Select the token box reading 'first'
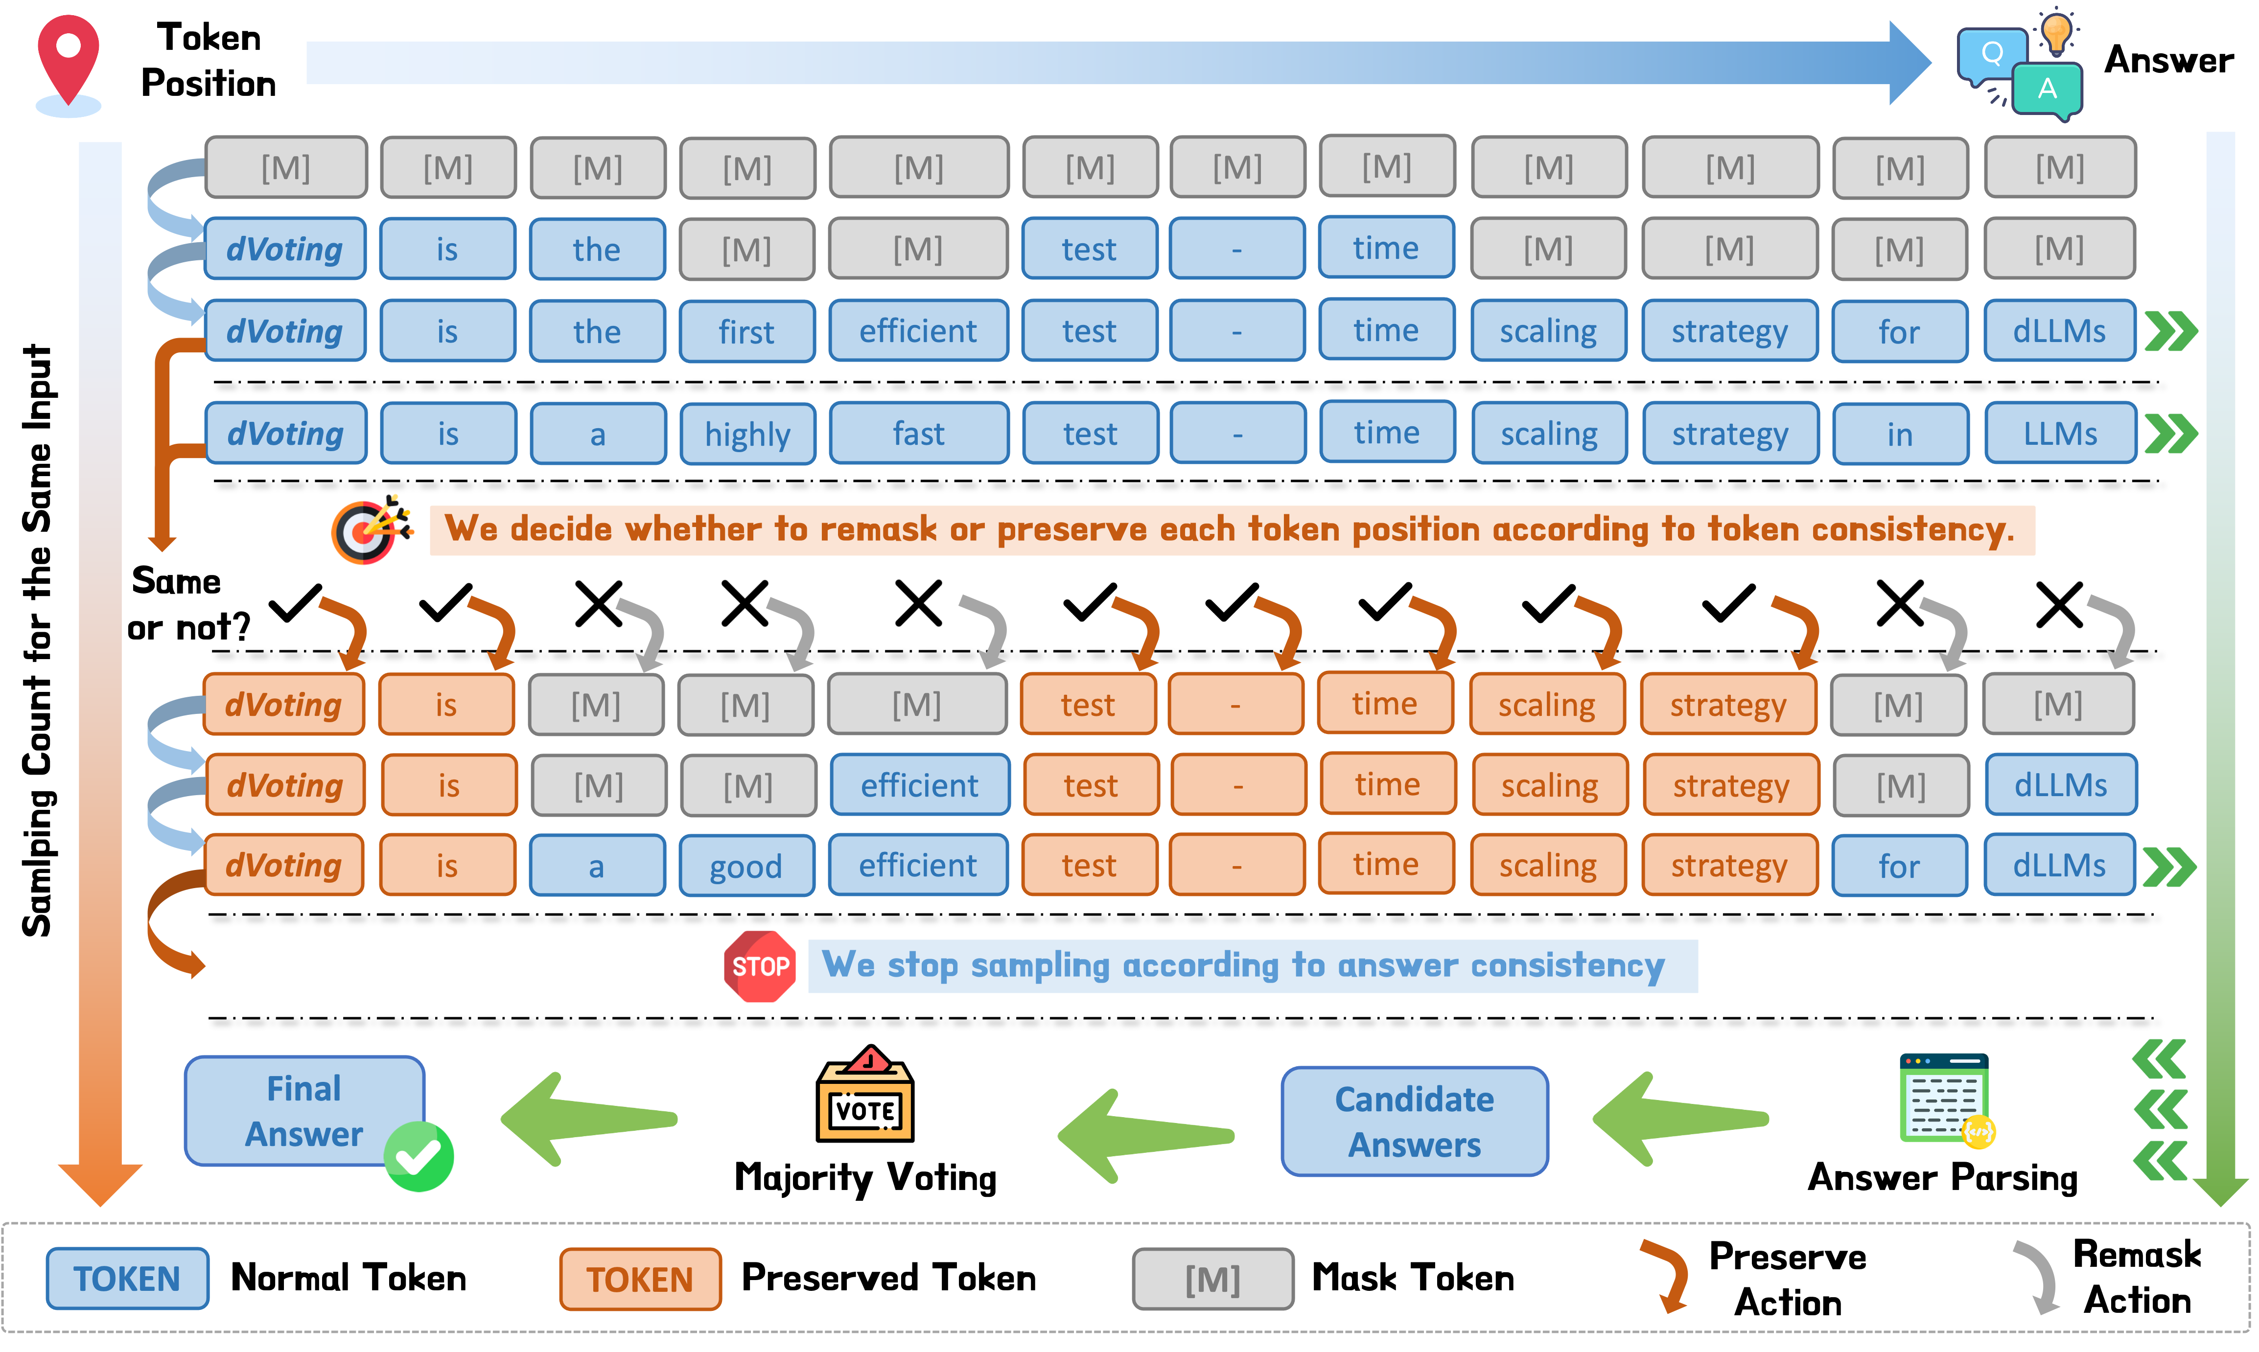point(746,332)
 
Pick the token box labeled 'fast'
point(919,434)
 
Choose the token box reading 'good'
point(745,866)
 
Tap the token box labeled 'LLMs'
point(2059,434)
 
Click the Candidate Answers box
point(1414,1122)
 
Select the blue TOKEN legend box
point(128,1279)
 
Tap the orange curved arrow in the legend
point(1666,1276)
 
